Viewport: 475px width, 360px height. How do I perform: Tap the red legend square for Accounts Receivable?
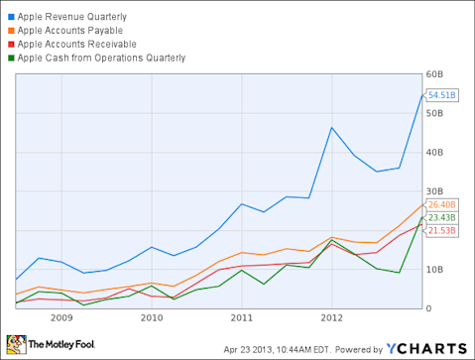(10, 45)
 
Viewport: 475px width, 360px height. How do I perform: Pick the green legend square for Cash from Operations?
(10, 58)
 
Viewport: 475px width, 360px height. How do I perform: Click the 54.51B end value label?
(440, 95)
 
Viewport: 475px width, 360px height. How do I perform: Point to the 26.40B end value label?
(440, 205)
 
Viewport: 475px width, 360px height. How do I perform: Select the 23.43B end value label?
(440, 217)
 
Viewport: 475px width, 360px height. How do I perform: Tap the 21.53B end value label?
(440, 230)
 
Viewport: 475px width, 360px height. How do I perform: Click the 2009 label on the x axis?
(61, 318)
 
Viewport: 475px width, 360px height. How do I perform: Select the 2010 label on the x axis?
(152, 318)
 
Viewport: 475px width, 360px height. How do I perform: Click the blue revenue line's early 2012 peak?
(331, 127)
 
